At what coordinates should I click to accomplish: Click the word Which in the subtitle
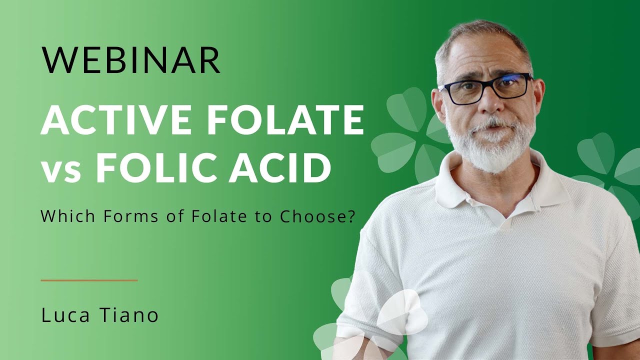point(60,216)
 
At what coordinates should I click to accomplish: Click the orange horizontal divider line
point(89,280)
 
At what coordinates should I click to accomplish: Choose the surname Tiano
point(131,315)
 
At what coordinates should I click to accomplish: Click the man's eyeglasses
point(485,88)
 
